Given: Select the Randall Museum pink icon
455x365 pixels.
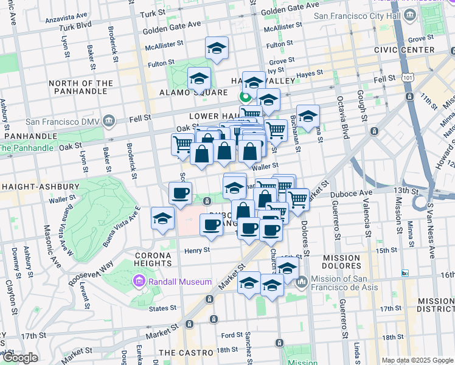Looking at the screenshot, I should pos(139,282).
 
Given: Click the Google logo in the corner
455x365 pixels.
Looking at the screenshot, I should pos(20,358).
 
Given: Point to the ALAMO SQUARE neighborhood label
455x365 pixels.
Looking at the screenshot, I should pos(185,92).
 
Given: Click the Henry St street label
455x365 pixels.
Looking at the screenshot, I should pos(197,249).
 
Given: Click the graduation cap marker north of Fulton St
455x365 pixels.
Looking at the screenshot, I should pos(216,49).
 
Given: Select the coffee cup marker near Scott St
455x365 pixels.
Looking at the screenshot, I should pos(179,194).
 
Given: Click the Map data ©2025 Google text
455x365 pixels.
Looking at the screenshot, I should pos(416,360).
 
